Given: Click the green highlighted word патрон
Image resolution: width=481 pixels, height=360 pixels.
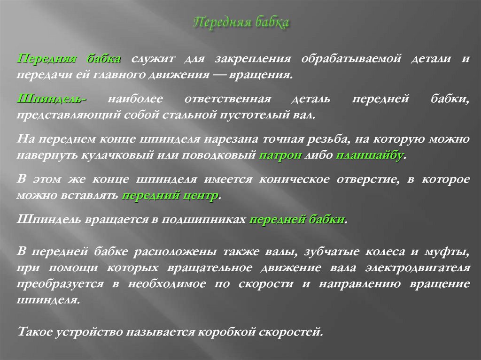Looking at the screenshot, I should click(280, 156).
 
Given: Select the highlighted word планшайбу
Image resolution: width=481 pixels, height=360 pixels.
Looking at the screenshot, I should click(369, 156).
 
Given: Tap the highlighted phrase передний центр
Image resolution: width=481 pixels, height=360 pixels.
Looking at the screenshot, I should click(171, 196).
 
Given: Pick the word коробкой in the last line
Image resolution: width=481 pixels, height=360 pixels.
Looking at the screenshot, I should click(226, 332).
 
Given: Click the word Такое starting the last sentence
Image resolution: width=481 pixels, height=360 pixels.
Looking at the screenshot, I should click(35, 332).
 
